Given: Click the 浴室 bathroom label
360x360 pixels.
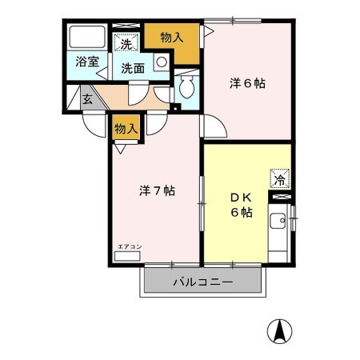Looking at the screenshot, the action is (x=87, y=62).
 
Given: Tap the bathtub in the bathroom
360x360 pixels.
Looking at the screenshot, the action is (x=87, y=37).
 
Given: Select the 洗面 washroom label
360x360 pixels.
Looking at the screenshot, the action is (x=133, y=69).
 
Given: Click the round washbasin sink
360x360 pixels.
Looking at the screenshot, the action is (x=162, y=62).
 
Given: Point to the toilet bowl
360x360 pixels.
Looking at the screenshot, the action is (x=186, y=86).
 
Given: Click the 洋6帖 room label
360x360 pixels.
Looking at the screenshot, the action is (x=247, y=84).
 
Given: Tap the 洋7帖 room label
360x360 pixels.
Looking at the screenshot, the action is (x=157, y=191).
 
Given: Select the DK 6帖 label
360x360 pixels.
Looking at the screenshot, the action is (x=242, y=205).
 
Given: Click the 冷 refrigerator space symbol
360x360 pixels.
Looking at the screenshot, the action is (x=279, y=178).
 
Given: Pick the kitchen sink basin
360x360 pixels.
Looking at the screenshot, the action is (x=278, y=221).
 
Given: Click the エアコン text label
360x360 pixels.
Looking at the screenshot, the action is (x=130, y=246).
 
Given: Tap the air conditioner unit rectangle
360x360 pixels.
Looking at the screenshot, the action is (x=127, y=256).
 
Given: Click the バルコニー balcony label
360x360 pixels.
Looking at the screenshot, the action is (x=203, y=282).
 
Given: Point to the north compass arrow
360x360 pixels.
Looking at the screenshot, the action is (x=280, y=331).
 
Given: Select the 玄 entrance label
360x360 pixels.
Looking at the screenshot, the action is (x=87, y=99).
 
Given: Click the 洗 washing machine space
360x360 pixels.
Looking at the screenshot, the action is (x=126, y=42).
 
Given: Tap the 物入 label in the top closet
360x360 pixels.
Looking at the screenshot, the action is (x=172, y=38).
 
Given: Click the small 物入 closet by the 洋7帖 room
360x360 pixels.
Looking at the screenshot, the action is (x=126, y=128).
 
